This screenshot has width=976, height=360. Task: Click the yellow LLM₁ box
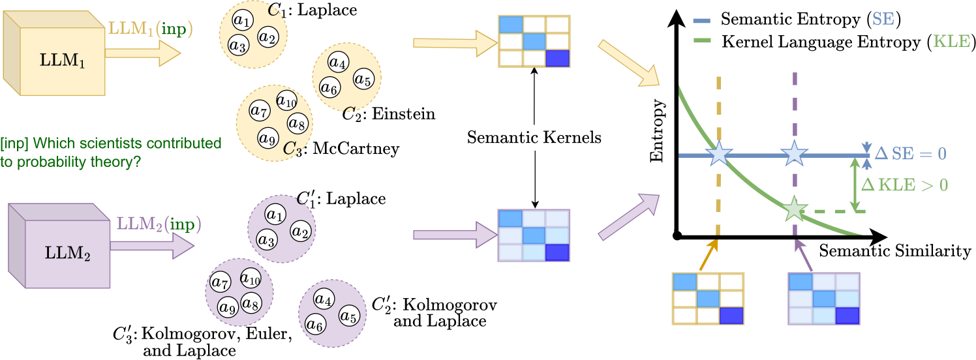point(54,53)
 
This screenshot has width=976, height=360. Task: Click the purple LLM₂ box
point(59,246)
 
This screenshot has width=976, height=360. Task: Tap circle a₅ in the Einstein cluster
point(363,79)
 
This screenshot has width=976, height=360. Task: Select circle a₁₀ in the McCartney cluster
point(286,101)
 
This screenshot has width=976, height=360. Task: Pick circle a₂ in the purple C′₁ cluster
point(301,231)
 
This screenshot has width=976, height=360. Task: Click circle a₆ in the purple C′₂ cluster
point(315,324)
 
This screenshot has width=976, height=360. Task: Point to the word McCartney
point(356,149)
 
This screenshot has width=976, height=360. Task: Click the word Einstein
point(403,114)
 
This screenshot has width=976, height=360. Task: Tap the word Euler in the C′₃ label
point(268,334)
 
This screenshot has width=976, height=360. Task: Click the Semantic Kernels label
point(534,138)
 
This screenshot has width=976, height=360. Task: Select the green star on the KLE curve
point(794,209)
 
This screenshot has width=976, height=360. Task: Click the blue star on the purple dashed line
point(794,154)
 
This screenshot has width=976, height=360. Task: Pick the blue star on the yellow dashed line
point(718,154)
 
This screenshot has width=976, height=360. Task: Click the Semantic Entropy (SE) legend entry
point(797,20)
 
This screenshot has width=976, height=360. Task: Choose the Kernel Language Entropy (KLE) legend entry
point(833,42)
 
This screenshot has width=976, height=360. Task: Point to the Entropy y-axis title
point(657,131)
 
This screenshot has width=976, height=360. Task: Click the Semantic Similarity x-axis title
point(895,251)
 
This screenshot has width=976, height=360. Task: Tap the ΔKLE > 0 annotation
point(904,185)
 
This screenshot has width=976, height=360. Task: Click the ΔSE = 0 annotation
point(911,154)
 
